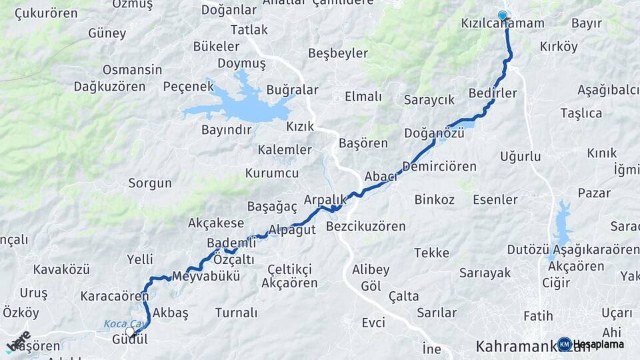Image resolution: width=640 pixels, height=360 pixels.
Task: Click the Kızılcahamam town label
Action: tap(503, 23)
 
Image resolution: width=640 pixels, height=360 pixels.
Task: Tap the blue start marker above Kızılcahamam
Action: tap(502, 15)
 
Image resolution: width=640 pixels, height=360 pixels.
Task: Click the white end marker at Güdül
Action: tap(130, 331)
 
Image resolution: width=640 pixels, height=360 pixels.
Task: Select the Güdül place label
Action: tap(129, 339)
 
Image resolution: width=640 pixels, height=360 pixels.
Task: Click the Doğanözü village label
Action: tap(434, 133)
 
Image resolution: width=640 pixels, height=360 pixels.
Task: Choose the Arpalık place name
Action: tap(325, 199)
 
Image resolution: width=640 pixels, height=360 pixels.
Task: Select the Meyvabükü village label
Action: tap(205, 276)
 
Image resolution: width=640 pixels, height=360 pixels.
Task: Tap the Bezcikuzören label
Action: tap(366, 227)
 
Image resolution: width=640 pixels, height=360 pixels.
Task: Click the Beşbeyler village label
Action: tap(338, 53)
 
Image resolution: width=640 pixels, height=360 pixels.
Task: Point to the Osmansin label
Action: tap(132, 69)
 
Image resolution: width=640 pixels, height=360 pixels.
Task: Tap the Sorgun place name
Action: tap(150, 183)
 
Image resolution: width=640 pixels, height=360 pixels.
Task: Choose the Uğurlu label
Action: tap(520, 157)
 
